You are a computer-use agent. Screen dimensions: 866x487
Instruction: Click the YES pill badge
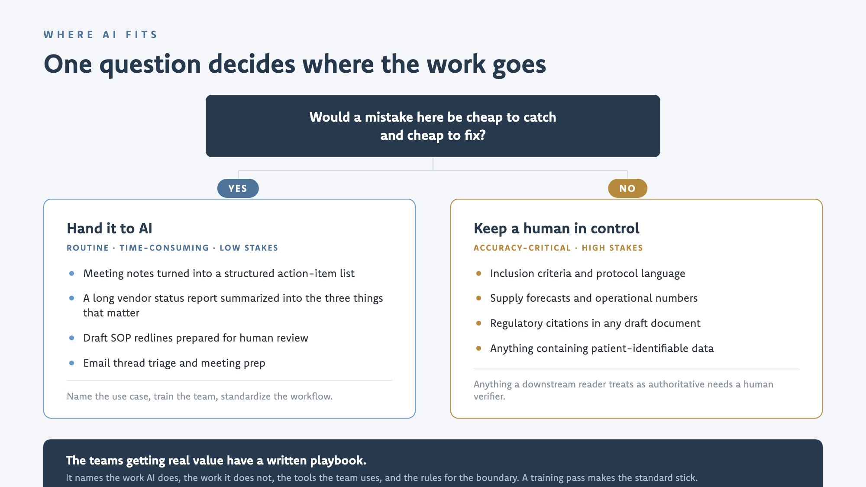click(x=238, y=188)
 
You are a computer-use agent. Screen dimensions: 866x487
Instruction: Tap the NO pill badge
click(x=627, y=188)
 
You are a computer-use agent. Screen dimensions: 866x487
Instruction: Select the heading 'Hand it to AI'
click(x=110, y=228)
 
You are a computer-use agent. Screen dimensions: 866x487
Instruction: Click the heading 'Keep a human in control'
click(x=556, y=228)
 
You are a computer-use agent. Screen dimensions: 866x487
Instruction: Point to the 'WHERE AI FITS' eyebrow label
click(x=100, y=35)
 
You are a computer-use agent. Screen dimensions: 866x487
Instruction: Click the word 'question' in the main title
click(x=150, y=65)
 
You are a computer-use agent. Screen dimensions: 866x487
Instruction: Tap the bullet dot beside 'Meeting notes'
click(x=71, y=274)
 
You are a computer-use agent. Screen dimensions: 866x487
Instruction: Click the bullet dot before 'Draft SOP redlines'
click(x=71, y=338)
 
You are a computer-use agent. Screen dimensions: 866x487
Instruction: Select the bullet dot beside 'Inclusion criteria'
click(x=478, y=274)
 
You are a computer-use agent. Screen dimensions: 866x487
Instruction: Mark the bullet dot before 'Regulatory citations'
click(x=478, y=323)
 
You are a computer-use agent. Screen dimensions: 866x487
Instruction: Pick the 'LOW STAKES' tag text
click(x=249, y=248)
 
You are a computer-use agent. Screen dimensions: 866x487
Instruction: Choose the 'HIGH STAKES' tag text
click(x=612, y=248)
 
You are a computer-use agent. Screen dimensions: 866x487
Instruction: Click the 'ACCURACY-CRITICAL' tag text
click(x=522, y=248)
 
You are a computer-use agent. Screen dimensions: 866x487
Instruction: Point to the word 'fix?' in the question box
click(x=475, y=135)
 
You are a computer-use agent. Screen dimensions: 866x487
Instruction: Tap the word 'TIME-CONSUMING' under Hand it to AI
click(x=164, y=248)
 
